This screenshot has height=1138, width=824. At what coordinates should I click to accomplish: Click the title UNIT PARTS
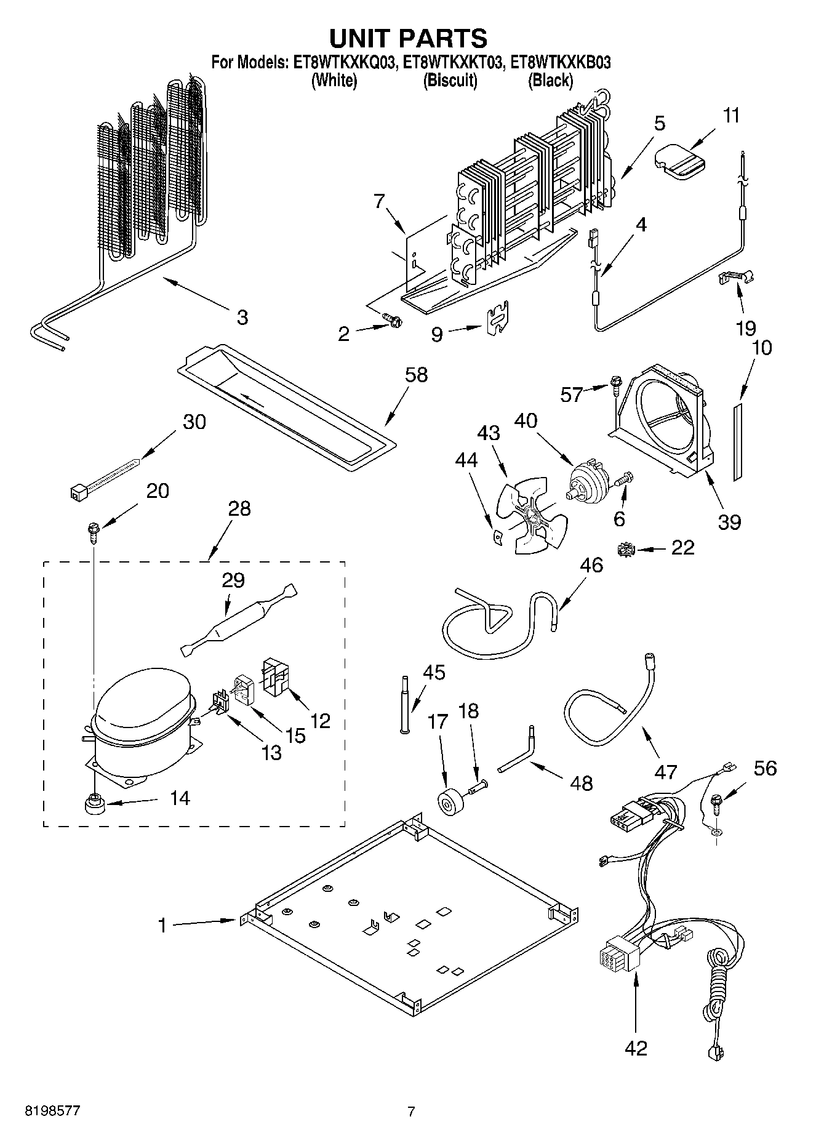click(x=409, y=38)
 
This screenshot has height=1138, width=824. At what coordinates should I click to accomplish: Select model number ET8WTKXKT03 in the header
click(x=450, y=62)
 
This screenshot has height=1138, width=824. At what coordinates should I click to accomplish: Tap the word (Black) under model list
click(x=551, y=80)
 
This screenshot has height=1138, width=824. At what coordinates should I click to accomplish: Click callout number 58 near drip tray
click(x=416, y=375)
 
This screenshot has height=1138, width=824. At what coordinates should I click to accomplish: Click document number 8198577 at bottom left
click(x=51, y=1112)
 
